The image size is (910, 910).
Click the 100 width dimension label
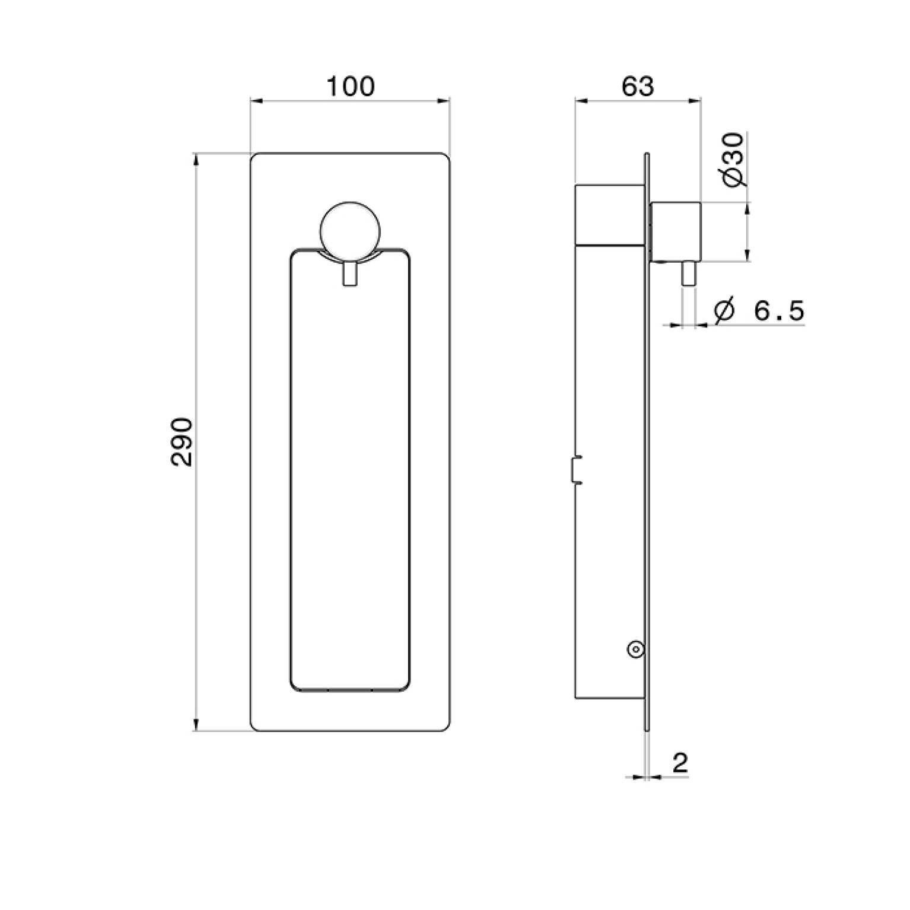click(351, 87)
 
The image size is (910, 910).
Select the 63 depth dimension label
click(638, 87)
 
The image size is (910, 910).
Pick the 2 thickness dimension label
click(680, 762)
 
